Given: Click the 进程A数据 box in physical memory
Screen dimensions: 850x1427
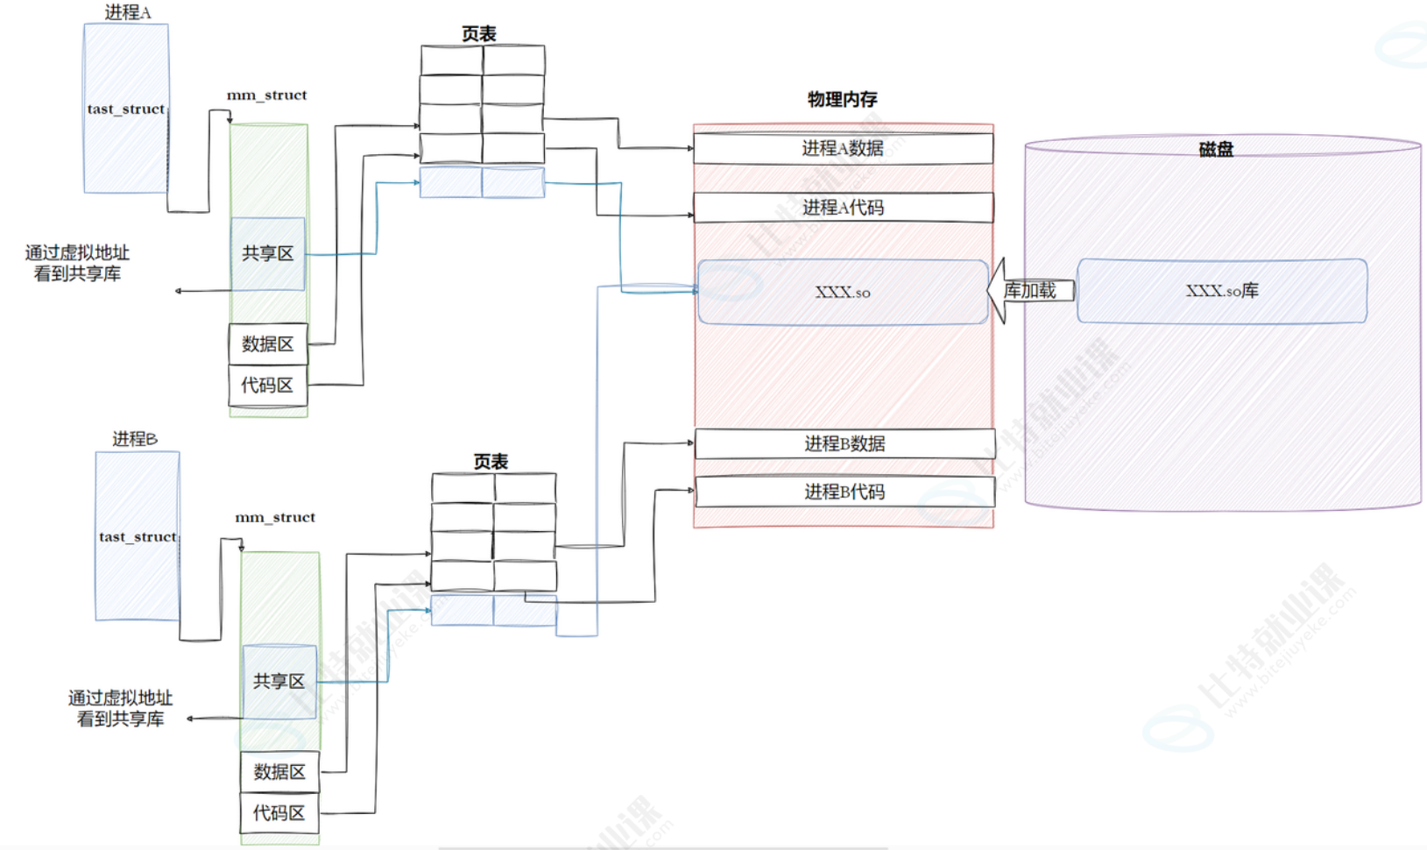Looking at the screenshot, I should pyautogui.click(x=843, y=148).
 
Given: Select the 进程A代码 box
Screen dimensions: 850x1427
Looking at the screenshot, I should pyautogui.click(x=843, y=208).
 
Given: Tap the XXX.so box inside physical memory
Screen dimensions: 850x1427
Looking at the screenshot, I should pyautogui.click(x=843, y=292).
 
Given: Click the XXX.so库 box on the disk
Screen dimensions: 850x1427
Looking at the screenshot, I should pyautogui.click(x=1221, y=291).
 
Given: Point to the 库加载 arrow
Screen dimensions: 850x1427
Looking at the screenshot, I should pyautogui.click(x=1030, y=291).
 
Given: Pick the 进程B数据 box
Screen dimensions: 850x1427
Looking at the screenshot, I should pyautogui.click(x=844, y=443).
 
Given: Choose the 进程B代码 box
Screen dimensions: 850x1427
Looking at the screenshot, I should pyautogui.click(x=844, y=492).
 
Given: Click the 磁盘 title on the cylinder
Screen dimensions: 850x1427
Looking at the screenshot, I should pyautogui.click(x=1216, y=150).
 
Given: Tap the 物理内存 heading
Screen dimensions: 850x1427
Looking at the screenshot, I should pyautogui.click(x=842, y=99).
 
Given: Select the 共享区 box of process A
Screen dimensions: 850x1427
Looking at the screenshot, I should pyautogui.click(x=268, y=253).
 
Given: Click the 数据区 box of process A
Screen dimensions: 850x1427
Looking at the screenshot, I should pyautogui.click(x=268, y=344).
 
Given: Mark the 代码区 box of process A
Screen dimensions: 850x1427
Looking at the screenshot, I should pyautogui.click(x=268, y=386).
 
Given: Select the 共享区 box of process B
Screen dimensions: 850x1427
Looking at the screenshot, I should pyautogui.click(x=279, y=681).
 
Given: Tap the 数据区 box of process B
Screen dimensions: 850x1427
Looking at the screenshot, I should pyautogui.click(x=279, y=772).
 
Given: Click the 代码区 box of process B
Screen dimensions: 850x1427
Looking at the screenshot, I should pyautogui.click(x=279, y=813).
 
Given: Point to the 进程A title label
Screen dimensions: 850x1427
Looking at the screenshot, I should pyautogui.click(x=128, y=12).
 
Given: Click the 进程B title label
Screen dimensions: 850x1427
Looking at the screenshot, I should pyautogui.click(x=135, y=438).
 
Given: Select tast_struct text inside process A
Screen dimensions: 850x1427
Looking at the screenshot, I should pyautogui.click(x=126, y=109).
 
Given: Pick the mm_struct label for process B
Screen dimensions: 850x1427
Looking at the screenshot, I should pyautogui.click(x=275, y=517).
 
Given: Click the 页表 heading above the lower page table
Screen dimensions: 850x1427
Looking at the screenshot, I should pyautogui.click(x=491, y=461).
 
